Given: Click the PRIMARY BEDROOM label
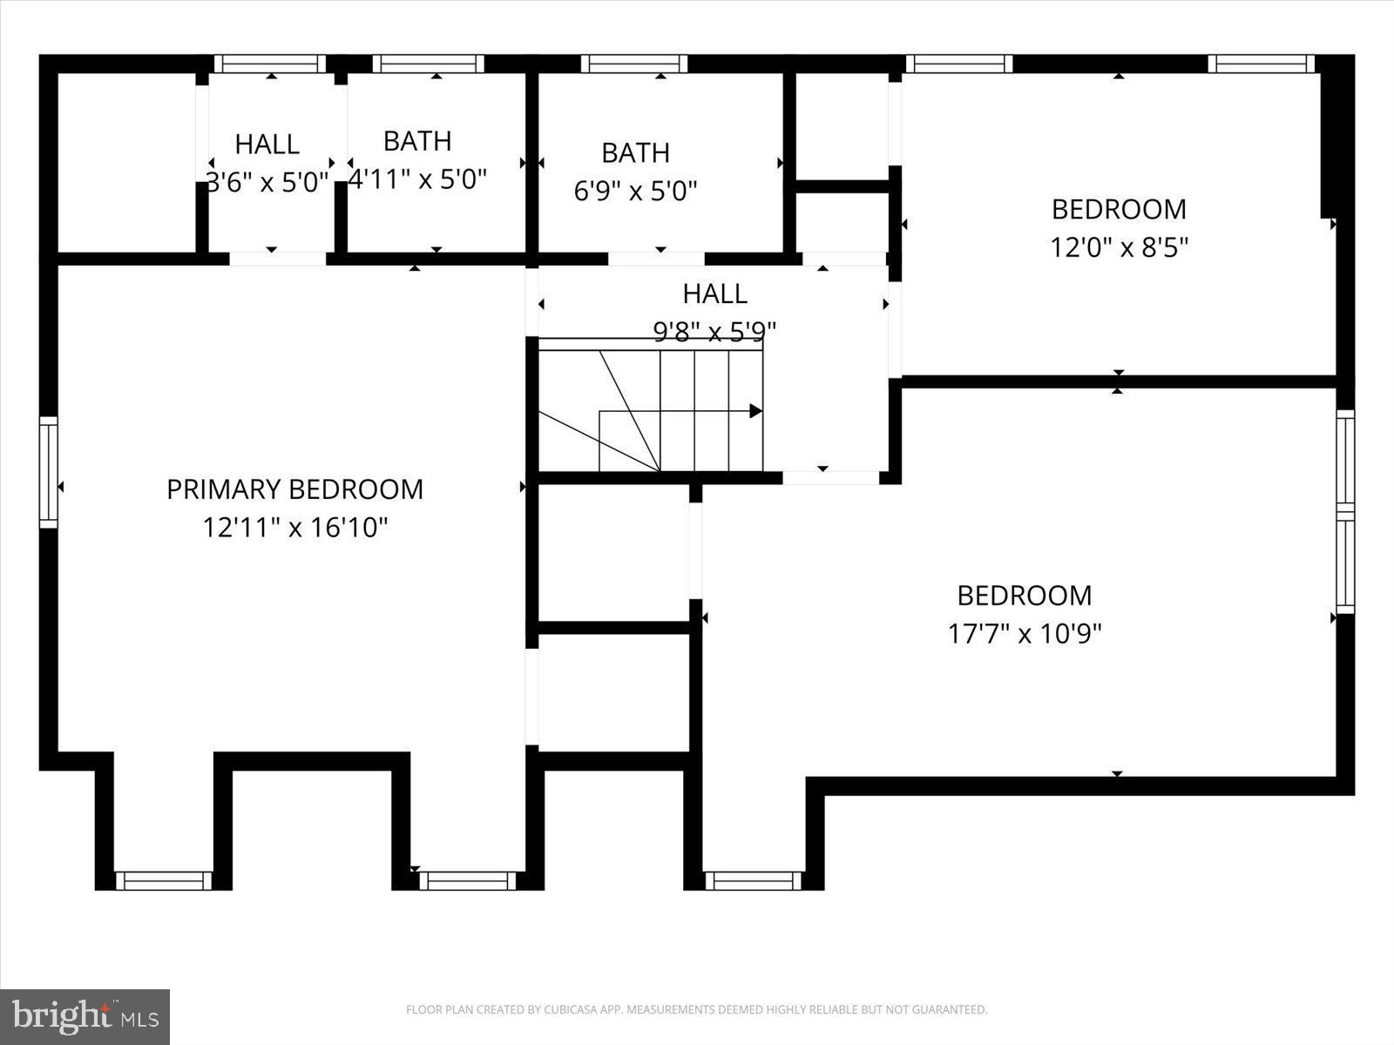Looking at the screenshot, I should tap(294, 489).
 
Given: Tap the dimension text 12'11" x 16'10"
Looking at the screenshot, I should tap(294, 528).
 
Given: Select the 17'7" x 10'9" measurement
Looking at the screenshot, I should tap(1025, 633).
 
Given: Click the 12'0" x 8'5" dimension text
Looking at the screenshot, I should tap(1119, 247).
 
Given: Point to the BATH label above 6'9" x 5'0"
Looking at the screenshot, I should tap(635, 152).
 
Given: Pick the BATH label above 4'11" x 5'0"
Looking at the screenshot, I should tap(417, 141).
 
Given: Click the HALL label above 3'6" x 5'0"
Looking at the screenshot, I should tap(267, 144).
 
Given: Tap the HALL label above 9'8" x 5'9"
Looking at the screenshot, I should tap(714, 293).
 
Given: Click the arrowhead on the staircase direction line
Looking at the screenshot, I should tap(755, 411).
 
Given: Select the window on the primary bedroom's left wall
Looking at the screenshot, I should tap(49, 472).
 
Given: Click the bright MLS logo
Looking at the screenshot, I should tap(85, 1016).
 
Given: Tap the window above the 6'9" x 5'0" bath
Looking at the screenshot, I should tap(634, 64).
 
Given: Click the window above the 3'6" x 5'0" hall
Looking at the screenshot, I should tap(270, 64).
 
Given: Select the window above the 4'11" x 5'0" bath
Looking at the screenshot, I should tap(428, 64).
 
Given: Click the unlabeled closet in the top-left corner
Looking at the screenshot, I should tap(126, 163).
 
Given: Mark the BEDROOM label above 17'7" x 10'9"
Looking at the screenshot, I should tap(1024, 596).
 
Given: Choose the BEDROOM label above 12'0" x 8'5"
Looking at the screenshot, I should tap(1119, 209).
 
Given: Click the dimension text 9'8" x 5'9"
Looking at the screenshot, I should tap(714, 332).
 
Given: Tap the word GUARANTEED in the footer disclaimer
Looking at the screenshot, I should tap(953, 1010).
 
